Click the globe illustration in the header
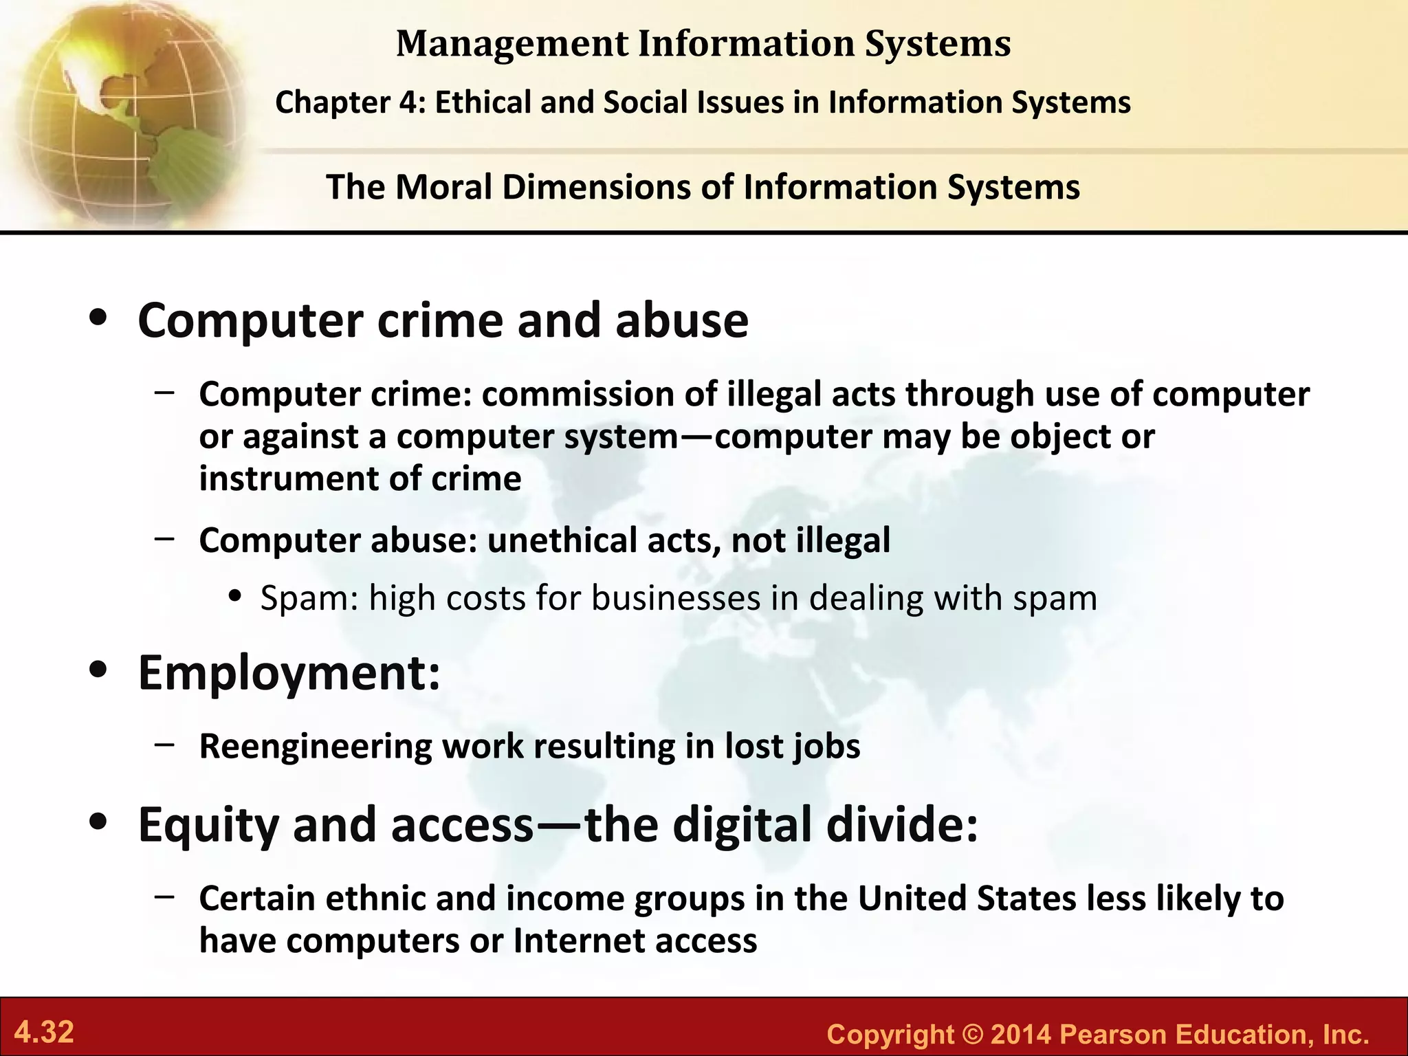click(x=124, y=110)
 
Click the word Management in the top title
click(x=512, y=44)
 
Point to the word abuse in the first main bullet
click(x=681, y=321)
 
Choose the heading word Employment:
click(x=289, y=673)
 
